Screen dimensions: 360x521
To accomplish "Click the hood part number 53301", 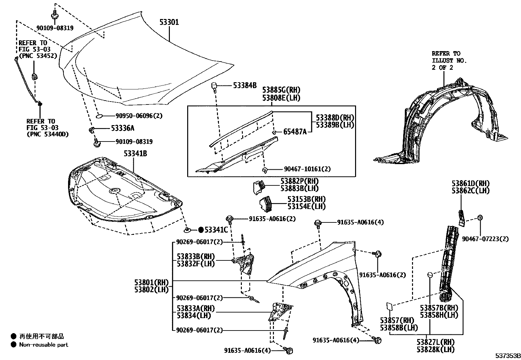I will (169, 22).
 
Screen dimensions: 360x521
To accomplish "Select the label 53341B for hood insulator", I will (135, 153).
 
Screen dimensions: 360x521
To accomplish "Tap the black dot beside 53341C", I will (201, 230).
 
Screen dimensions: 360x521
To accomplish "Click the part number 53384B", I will (245, 85).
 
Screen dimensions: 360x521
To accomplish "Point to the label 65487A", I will (295, 132).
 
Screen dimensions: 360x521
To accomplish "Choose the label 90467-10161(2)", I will (307, 169).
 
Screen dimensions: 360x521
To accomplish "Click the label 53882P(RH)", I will (299, 181).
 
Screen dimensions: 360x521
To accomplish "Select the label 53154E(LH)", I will (307, 206).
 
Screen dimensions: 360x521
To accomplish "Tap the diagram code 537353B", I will (507, 356).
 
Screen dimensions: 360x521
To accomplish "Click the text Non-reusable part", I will (44, 345).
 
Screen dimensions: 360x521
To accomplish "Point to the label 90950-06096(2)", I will (139, 116).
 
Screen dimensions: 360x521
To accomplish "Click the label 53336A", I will (122, 128).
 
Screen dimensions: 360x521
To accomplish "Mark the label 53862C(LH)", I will (471, 191).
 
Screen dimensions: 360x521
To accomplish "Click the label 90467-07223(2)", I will (485, 239).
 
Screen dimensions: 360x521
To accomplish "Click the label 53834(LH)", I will (194, 316).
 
